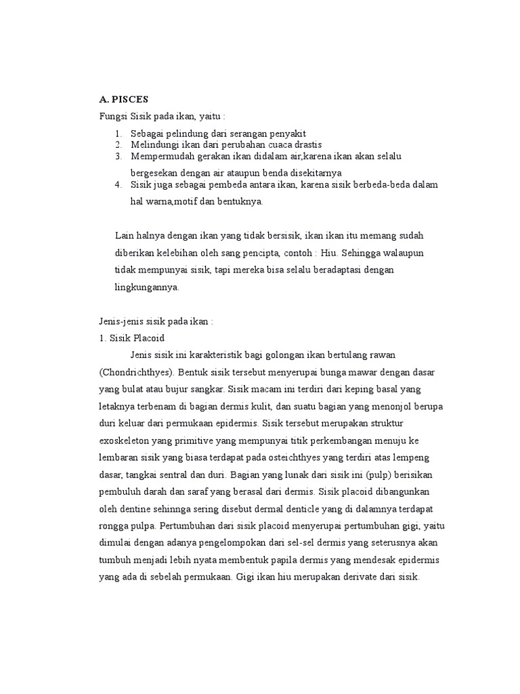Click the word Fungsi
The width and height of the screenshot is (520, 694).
coord(112,116)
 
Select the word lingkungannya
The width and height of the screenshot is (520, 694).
coord(147,287)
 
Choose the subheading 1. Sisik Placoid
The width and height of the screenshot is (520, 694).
coord(131,338)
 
